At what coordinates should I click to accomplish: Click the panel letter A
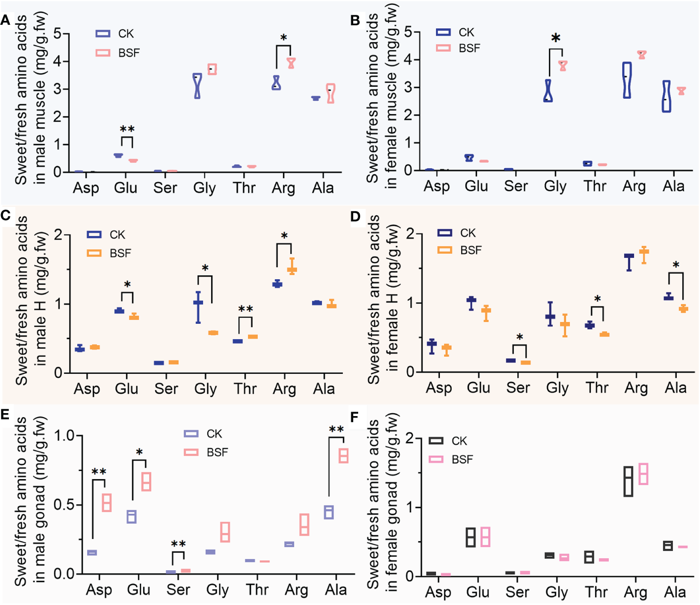tap(5, 20)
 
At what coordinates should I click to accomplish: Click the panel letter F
tap(354, 418)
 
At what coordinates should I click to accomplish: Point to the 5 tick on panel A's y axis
tap(58, 34)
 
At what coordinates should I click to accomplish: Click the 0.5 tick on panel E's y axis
tap(64, 505)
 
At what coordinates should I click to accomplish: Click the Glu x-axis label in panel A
tap(125, 188)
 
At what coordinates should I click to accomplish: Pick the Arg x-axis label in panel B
tap(634, 186)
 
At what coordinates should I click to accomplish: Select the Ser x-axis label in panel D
tap(518, 387)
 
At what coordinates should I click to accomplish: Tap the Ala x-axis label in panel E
tap(335, 590)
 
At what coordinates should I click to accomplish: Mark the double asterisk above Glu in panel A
tap(127, 130)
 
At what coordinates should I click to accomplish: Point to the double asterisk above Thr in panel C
tap(245, 310)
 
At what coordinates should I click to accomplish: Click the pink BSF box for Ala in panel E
tap(343, 455)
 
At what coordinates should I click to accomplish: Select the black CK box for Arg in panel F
tap(628, 481)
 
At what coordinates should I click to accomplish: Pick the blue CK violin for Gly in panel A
tap(198, 85)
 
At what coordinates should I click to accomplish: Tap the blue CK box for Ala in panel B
tap(666, 96)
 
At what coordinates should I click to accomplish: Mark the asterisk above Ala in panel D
tap(676, 265)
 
